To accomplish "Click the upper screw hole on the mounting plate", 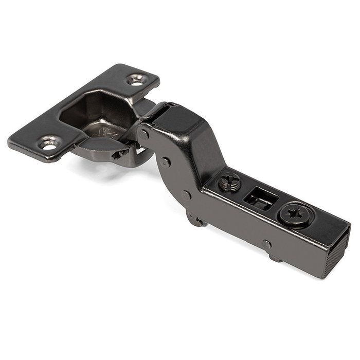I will [137, 80].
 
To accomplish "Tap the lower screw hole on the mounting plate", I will [49, 144].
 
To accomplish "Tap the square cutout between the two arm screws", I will [258, 198].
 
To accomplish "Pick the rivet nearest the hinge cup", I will [145, 135].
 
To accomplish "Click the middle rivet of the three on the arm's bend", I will [165, 161].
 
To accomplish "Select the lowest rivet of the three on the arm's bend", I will [186, 195].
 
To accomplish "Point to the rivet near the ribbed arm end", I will [266, 244].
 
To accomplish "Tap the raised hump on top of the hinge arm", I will [177, 121].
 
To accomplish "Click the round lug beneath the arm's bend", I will [194, 220].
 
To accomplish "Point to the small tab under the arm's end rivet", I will [276, 257].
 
